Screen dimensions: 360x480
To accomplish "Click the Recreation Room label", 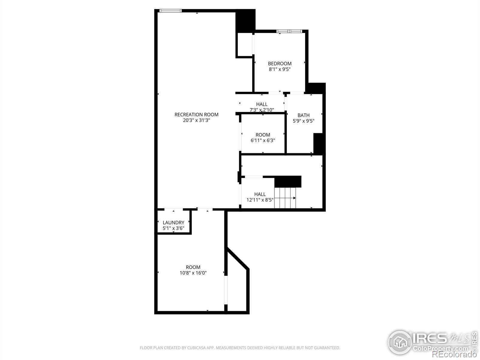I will point(196,114).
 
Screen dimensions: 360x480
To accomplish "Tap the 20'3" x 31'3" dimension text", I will point(196,120).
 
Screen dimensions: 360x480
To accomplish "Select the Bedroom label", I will point(280,63).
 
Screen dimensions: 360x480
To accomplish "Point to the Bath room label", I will point(303,115).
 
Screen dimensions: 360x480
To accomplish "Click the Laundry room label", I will point(173,223).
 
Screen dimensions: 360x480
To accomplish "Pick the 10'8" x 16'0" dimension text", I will point(193,273).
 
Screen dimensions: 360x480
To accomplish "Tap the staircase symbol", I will point(285,198).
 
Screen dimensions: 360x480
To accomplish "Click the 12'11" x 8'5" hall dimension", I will point(260,200).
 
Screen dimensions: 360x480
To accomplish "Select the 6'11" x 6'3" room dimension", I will point(263,140).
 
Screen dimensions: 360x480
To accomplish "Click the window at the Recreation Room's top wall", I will point(170,11).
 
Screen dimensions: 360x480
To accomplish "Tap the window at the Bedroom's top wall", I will point(289,31).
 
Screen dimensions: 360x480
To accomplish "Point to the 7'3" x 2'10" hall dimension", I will point(262,110).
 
